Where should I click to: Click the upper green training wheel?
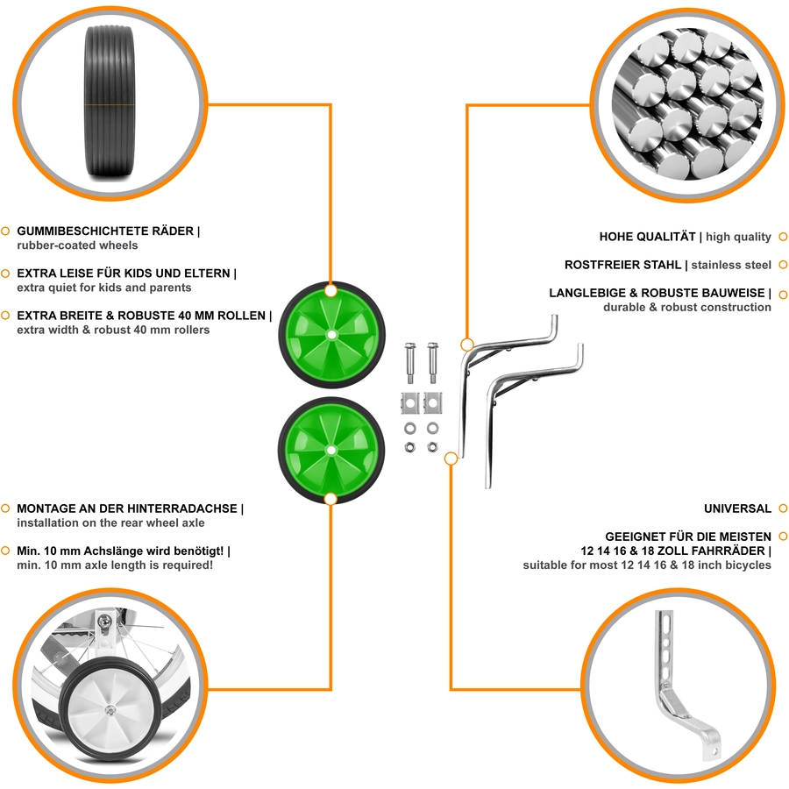[x=331, y=335]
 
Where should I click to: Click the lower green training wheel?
[x=331, y=451]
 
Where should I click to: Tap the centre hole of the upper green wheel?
[x=331, y=335]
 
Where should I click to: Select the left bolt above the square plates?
[x=410, y=363]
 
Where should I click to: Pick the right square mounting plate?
[x=433, y=402]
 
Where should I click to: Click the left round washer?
[x=410, y=428]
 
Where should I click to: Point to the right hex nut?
[x=432, y=447]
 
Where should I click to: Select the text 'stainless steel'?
[x=730, y=265]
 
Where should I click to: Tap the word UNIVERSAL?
[x=737, y=508]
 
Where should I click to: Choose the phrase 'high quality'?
[x=738, y=237]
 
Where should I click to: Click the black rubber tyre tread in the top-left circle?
[x=110, y=103]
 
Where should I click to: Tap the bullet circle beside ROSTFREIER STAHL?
[x=783, y=265]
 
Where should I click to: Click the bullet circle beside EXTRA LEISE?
[x=5, y=274]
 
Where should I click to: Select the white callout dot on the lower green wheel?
[x=331, y=499]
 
